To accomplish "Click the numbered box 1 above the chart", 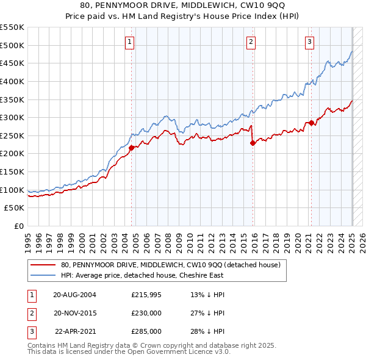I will pyautogui.click(x=131, y=42).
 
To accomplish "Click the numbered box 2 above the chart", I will pyautogui.click(x=251, y=42).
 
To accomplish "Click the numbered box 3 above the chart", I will pyautogui.click(x=310, y=42).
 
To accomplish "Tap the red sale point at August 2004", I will pyautogui.click(x=131, y=147).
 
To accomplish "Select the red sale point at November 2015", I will pyautogui.click(x=253, y=143).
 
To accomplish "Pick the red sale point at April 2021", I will pyautogui.click(x=311, y=123).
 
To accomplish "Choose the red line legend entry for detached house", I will pyautogui.click(x=170, y=265).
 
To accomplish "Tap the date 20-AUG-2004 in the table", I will pyautogui.click(x=74, y=295).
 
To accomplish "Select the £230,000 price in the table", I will pyautogui.click(x=146, y=313).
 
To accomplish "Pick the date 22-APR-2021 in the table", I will pyautogui.click(x=76, y=331).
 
